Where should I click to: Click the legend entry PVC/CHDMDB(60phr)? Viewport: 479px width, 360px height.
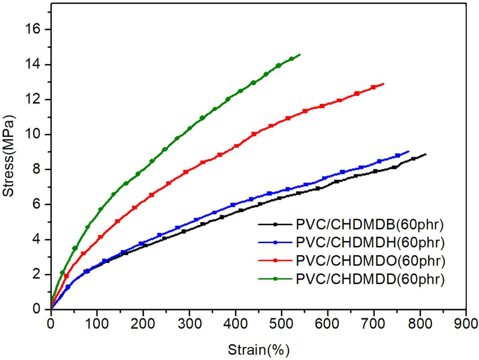coord(370,225)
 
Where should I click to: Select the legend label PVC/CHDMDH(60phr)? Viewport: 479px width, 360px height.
coord(370,243)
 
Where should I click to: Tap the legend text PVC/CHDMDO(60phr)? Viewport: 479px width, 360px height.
coord(370,261)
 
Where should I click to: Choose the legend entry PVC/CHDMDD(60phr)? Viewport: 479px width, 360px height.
coord(370,279)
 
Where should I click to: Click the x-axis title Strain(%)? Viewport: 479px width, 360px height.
coord(258,350)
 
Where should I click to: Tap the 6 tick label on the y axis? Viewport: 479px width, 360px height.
coord(36,204)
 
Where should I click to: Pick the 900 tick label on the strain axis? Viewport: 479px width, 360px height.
coord(466,324)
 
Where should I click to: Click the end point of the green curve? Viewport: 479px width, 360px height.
coord(300,55)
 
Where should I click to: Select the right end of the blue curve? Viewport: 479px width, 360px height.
coord(409,151)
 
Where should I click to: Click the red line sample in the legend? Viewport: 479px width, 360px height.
coord(275,261)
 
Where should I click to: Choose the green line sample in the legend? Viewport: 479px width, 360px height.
coord(275,279)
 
